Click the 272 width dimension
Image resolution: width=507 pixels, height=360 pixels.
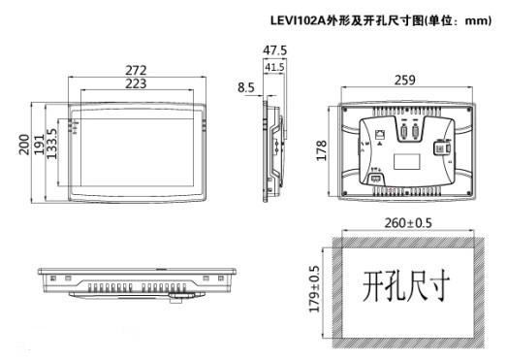136,70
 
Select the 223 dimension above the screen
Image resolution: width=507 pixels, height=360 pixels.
136,83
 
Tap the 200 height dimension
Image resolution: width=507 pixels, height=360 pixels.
23,145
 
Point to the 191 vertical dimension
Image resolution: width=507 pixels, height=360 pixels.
39,145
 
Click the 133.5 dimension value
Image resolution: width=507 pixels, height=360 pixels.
51,144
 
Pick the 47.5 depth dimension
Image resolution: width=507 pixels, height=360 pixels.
275,50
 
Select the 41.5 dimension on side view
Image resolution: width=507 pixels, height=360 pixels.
275,67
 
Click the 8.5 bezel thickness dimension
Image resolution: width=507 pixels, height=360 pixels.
246,87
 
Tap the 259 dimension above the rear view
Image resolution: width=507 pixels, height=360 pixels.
405,80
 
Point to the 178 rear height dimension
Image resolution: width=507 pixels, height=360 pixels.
322,150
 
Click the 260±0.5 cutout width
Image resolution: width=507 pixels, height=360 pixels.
408,223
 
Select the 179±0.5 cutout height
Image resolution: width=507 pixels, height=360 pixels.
314,289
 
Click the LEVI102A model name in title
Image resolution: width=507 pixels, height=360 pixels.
298,20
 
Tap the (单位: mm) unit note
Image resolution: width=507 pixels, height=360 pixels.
458,20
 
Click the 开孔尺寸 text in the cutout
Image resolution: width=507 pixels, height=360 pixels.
406,286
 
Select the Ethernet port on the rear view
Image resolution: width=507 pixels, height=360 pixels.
380,134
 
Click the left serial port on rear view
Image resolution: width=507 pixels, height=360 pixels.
404,132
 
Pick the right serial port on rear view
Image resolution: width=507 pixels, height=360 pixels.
415,132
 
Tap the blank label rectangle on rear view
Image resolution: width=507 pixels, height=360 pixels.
407,161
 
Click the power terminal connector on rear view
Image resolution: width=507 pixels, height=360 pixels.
376,179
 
